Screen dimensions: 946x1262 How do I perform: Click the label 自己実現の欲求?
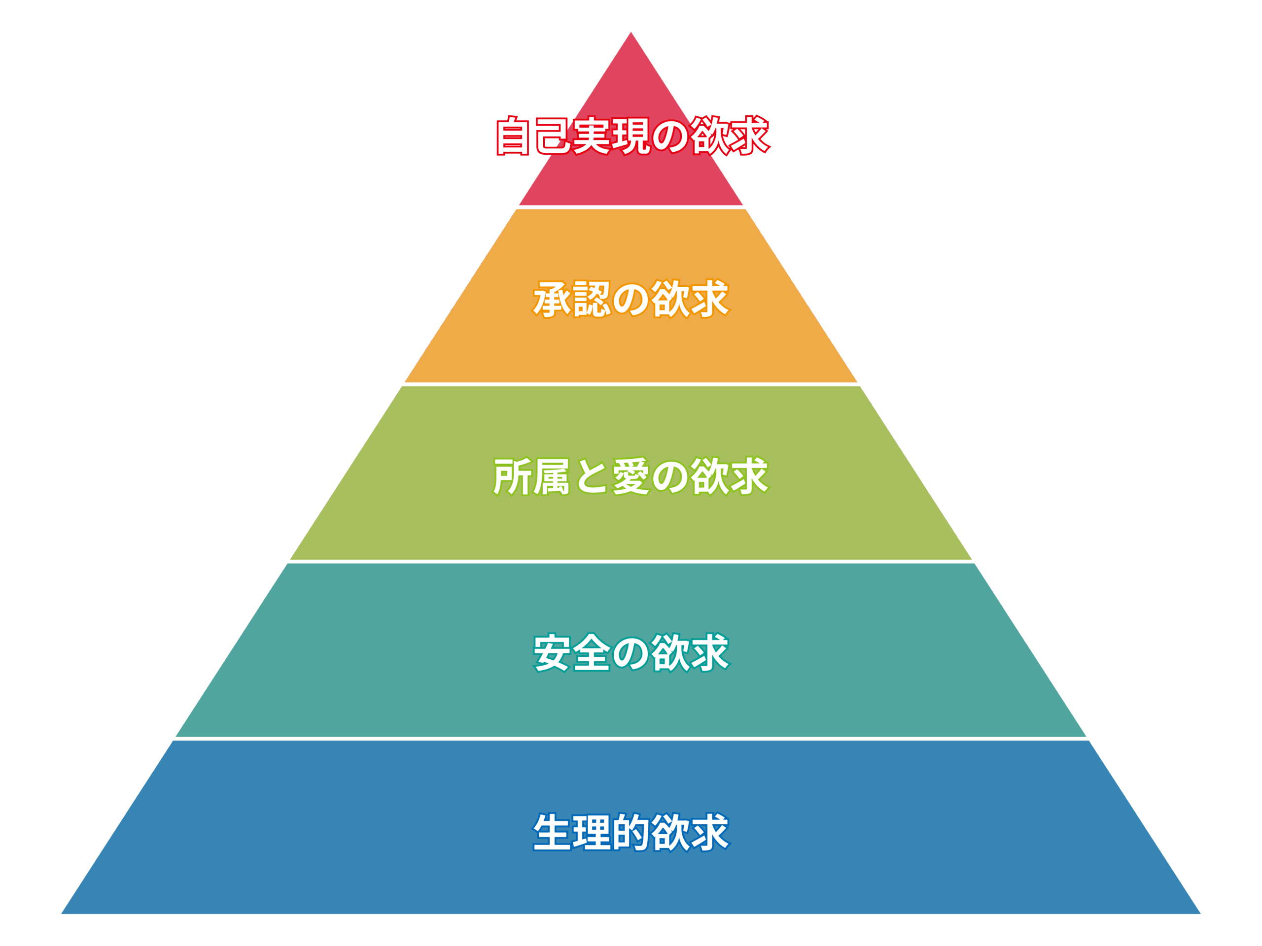(632, 135)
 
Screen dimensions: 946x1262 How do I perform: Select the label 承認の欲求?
(631, 299)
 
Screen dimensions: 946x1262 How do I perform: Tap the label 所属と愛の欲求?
(631, 476)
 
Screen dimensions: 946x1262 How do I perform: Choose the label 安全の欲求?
(631, 652)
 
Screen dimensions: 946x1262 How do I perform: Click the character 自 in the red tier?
(514, 135)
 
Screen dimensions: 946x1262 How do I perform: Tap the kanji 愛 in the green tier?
(631, 476)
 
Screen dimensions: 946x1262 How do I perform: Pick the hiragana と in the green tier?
(592, 476)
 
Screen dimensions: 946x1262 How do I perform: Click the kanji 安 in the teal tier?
(552, 652)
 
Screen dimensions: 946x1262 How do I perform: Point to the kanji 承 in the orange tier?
(552, 299)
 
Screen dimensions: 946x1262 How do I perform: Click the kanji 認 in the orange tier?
(592, 299)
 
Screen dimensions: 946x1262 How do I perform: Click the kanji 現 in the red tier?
(631, 135)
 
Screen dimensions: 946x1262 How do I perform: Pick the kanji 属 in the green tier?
(552, 476)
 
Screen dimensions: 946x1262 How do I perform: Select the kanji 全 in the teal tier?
(592, 652)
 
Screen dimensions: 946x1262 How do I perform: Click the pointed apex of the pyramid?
(631, 34)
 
